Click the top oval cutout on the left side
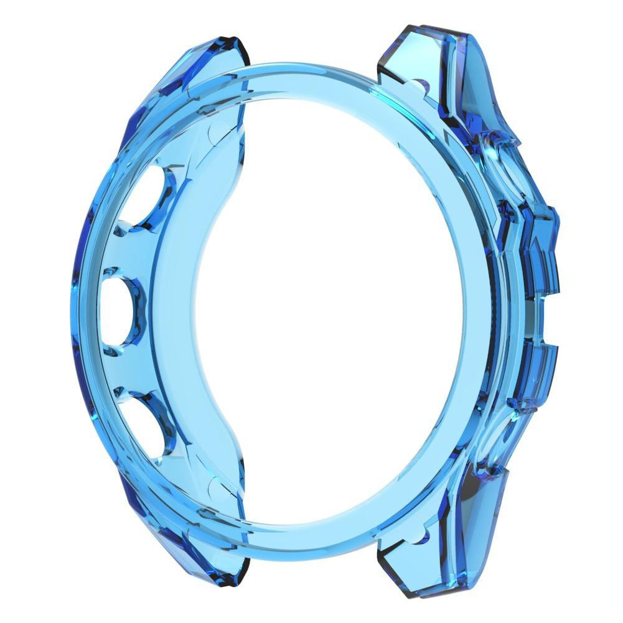point(142,197)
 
